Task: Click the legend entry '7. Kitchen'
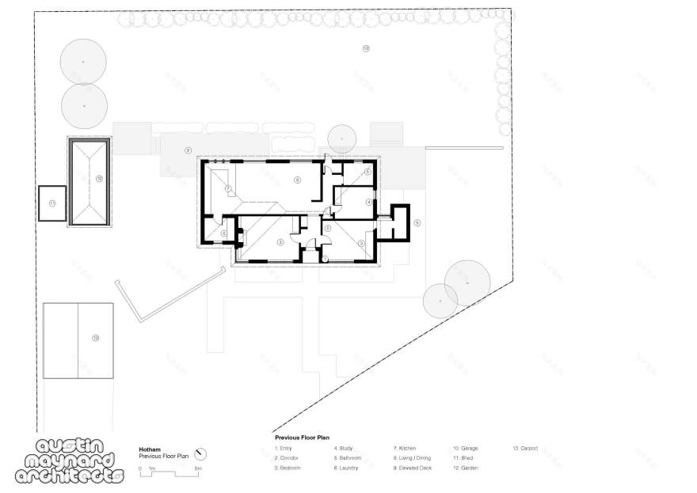pyautogui.click(x=404, y=449)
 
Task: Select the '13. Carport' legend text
pyautogui.click(x=524, y=449)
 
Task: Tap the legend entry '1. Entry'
pyautogui.click(x=284, y=449)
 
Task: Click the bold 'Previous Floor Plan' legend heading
pyautogui.click(x=302, y=437)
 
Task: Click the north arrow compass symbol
pyautogui.click(x=201, y=453)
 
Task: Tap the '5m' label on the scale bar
pyautogui.click(x=198, y=469)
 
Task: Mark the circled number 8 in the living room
pyautogui.click(x=297, y=180)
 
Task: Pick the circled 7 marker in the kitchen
pyautogui.click(x=227, y=188)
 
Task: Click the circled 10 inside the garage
pyautogui.click(x=99, y=179)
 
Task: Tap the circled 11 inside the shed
pyautogui.click(x=52, y=203)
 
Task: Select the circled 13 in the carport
pyautogui.click(x=95, y=338)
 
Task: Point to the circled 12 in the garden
pyautogui.click(x=365, y=48)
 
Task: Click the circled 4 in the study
pyautogui.click(x=368, y=203)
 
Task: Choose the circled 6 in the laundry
pyautogui.click(x=224, y=233)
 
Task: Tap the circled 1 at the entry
pyautogui.click(x=326, y=259)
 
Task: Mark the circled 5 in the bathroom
pyautogui.click(x=368, y=172)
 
